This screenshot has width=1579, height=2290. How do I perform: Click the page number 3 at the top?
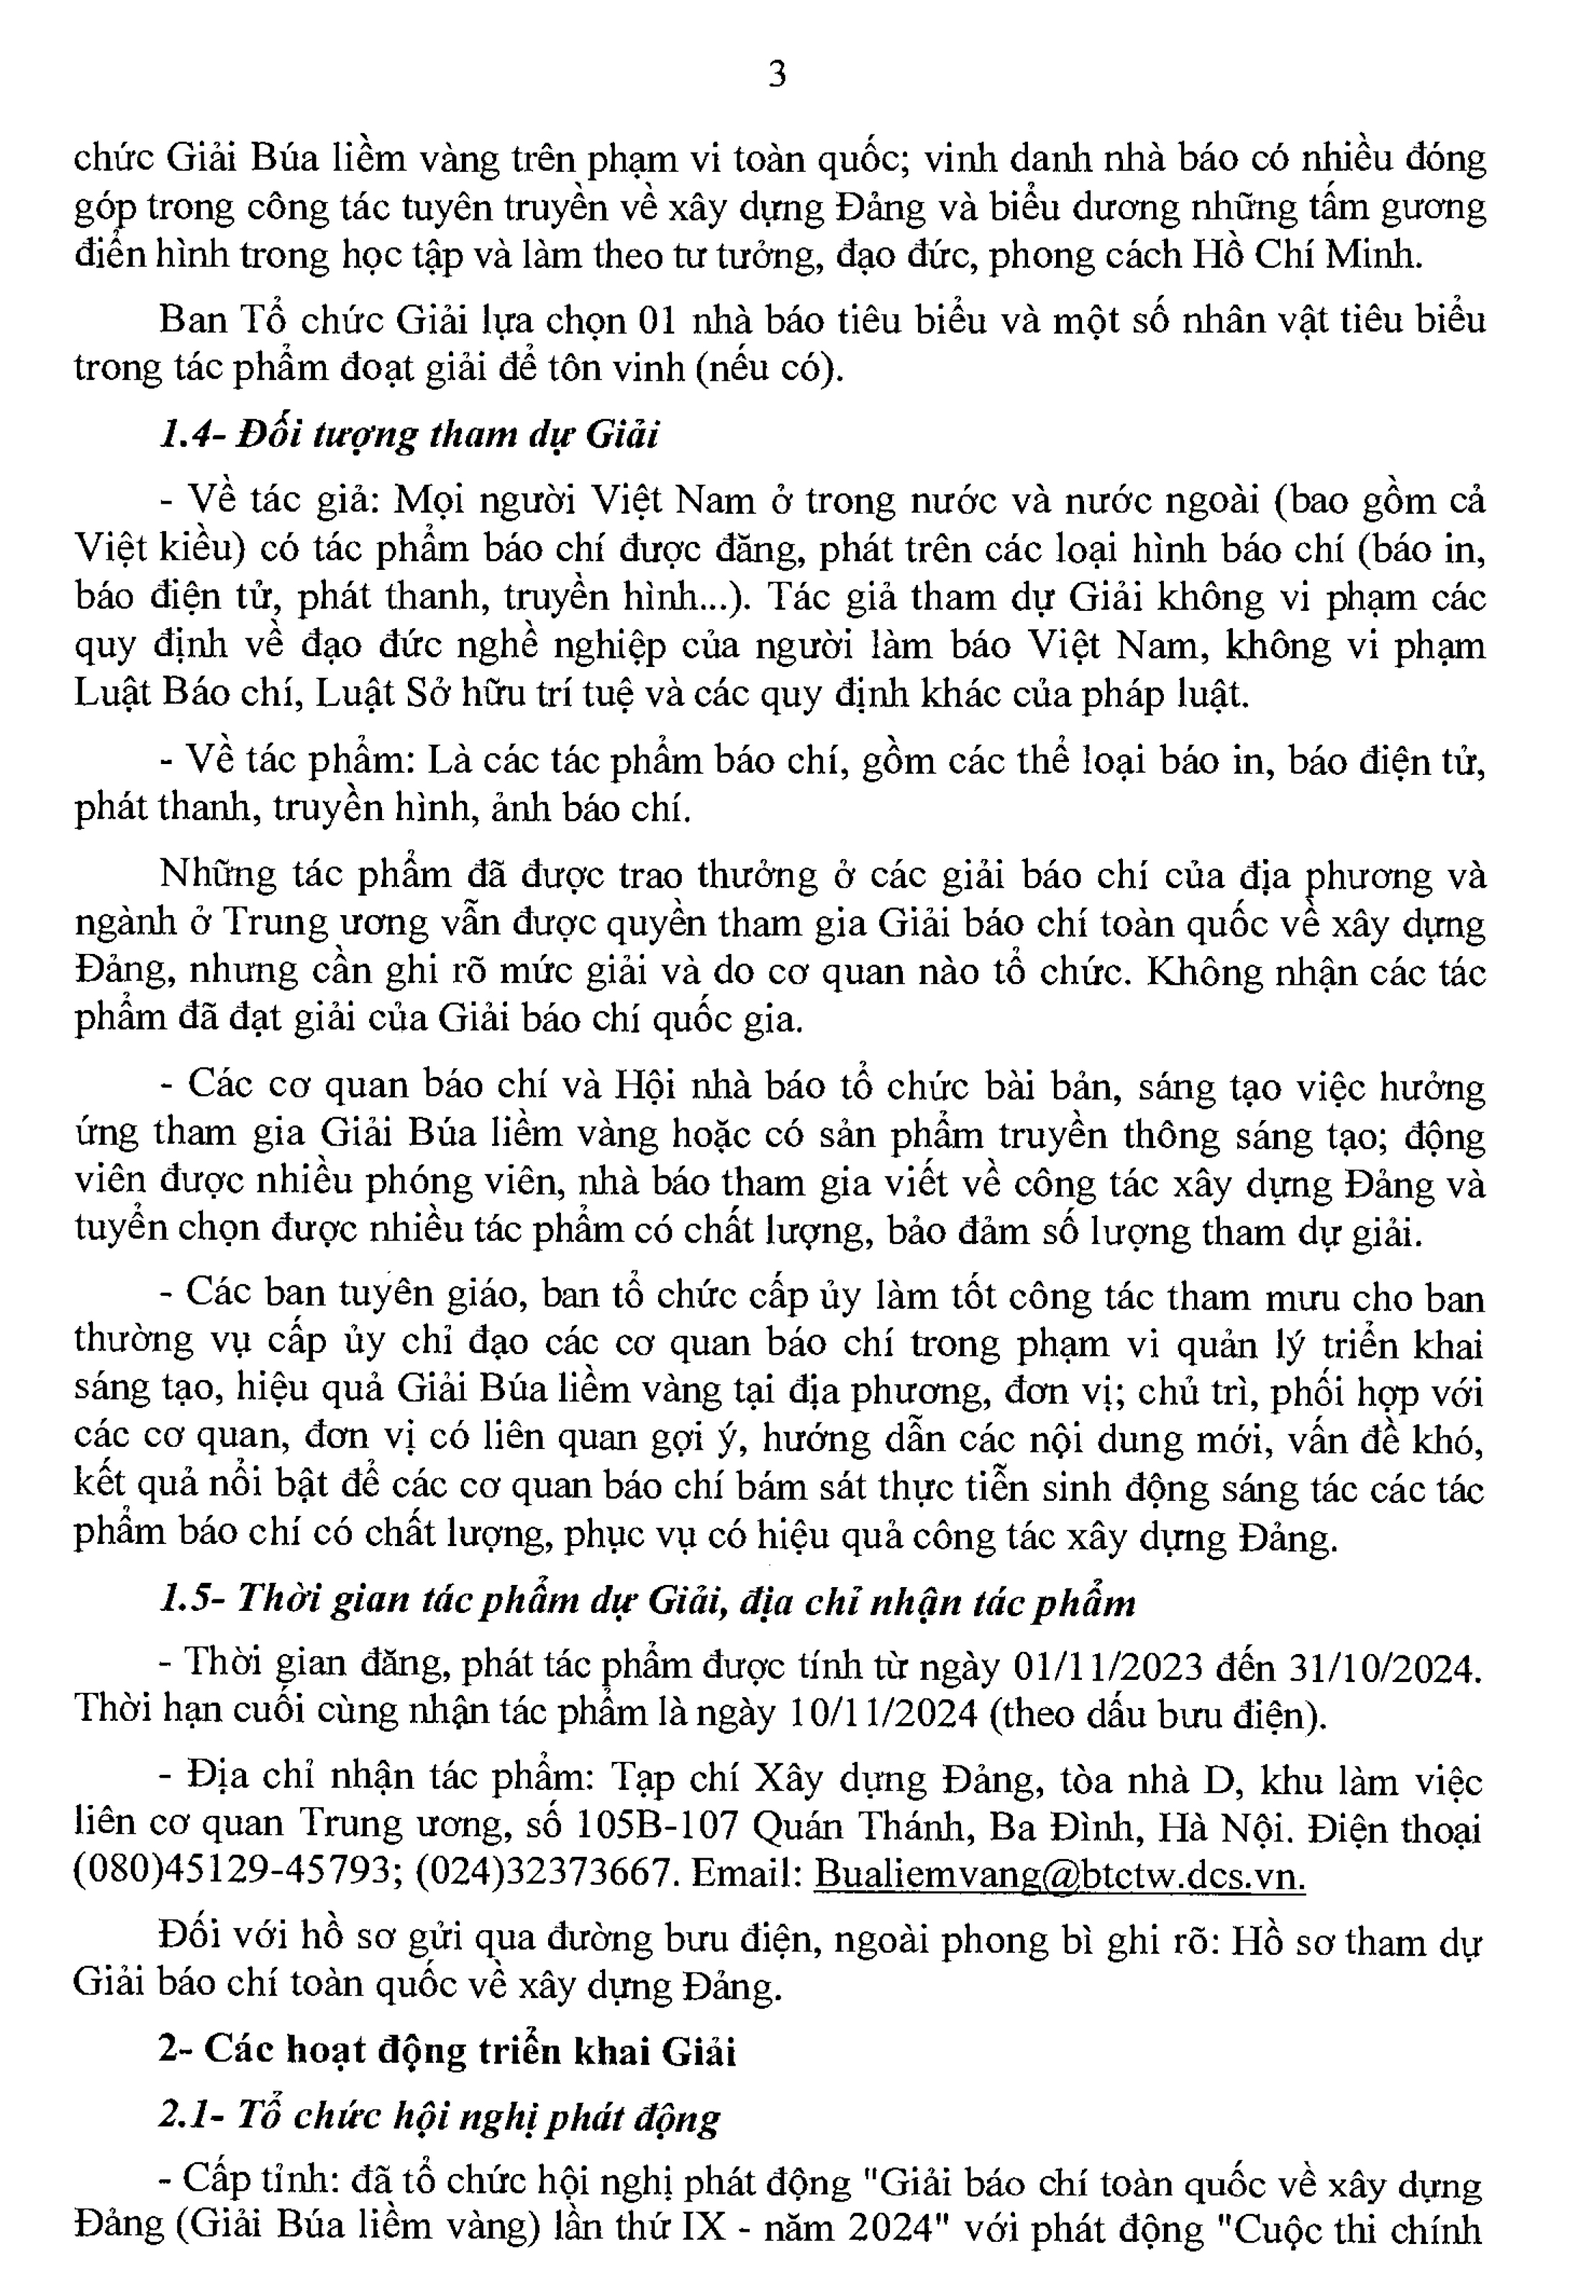pos(778,74)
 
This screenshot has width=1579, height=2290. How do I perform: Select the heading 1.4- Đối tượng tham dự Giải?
pos(409,435)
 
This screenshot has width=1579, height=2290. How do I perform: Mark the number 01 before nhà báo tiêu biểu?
pos(660,319)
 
